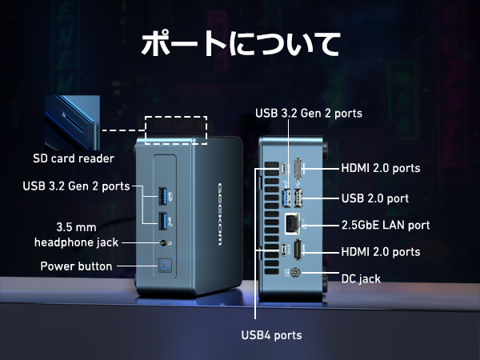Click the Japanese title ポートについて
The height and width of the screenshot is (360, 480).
pyautogui.click(x=240, y=43)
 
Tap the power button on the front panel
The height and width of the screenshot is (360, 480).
pyautogui.click(x=166, y=265)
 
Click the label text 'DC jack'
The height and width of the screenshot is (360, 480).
pyautogui.click(x=361, y=278)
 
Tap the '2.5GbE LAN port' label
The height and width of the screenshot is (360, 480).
pyautogui.click(x=386, y=225)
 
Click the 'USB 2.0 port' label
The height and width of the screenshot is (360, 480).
pyautogui.click(x=377, y=197)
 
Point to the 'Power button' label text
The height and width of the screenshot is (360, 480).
pyautogui.click(x=76, y=266)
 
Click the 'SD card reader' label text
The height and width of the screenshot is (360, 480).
pyautogui.click(x=73, y=158)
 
